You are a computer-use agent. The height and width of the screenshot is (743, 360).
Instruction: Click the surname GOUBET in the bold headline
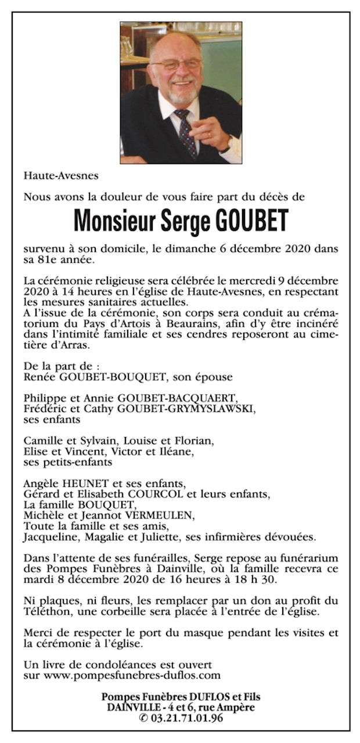251,221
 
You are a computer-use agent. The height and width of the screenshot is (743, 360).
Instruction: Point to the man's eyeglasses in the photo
175,64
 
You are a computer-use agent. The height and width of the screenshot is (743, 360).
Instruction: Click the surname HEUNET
80,484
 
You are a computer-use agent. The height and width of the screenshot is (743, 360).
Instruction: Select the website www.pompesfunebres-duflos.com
123,675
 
